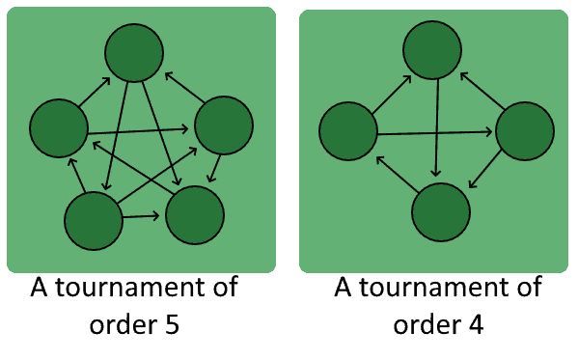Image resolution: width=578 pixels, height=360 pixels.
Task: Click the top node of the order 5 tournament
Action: (134, 52)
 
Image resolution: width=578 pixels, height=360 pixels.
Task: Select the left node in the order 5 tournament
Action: (59, 126)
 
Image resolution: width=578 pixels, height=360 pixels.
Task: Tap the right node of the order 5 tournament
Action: (224, 125)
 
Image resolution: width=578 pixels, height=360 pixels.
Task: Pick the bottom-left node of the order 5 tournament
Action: (94, 221)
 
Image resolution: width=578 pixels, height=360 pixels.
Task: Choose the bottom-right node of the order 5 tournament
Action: (195, 213)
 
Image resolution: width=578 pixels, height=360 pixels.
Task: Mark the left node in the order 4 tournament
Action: (347, 131)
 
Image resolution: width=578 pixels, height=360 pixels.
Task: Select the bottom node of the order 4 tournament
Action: (441, 209)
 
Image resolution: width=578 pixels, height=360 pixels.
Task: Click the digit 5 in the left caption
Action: (172, 323)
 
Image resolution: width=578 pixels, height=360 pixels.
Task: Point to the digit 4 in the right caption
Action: (475, 323)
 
